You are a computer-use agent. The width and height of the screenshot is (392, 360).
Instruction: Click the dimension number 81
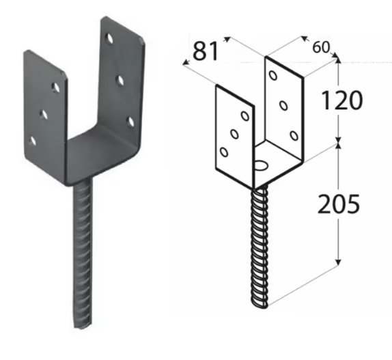pyautogui.click(x=206, y=51)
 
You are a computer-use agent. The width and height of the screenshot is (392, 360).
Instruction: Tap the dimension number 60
pyautogui.click(x=321, y=47)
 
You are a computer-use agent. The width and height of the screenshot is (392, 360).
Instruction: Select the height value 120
pyautogui.click(x=341, y=100)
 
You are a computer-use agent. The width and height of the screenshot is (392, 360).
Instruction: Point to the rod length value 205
pyautogui.click(x=339, y=204)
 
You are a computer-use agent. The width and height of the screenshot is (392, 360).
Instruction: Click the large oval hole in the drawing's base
pyautogui.click(x=261, y=165)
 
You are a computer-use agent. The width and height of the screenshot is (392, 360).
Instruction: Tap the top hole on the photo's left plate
pyautogui.click(x=56, y=87)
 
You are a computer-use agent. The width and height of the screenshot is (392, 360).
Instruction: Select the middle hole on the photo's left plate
pyautogui.click(x=44, y=115)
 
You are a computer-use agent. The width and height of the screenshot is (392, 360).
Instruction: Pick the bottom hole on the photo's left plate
pyautogui.click(x=33, y=141)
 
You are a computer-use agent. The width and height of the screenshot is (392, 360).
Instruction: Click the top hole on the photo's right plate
pyautogui.click(x=109, y=38)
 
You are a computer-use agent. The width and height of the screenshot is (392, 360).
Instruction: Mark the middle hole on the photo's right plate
pyautogui.click(x=120, y=80)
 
